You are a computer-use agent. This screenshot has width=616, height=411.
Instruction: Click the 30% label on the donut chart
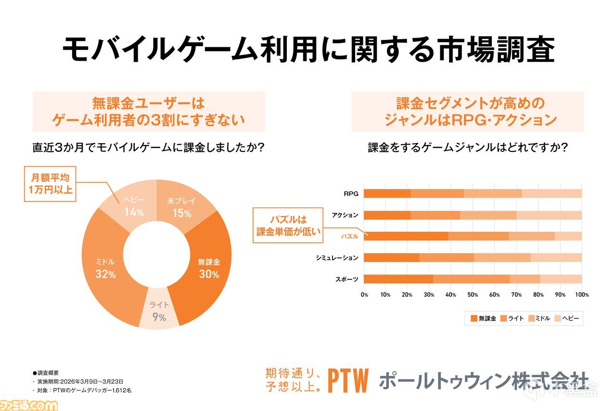point(209,275)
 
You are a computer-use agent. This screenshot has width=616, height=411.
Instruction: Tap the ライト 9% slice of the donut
point(158,312)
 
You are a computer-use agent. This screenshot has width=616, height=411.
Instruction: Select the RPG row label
point(350,194)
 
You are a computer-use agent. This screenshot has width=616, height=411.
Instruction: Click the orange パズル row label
point(349,237)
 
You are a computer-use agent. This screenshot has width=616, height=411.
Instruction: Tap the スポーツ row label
point(347,279)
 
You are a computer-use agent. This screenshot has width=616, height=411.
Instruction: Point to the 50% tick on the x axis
point(473,294)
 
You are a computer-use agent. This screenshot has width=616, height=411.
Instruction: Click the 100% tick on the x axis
point(581,294)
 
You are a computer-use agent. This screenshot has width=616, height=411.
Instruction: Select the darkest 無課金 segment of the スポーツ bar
point(398,279)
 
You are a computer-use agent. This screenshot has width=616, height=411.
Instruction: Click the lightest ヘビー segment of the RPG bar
point(552,194)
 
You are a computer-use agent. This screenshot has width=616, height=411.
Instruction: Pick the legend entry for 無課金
point(483,318)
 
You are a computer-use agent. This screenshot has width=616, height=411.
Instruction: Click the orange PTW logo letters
point(347,381)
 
